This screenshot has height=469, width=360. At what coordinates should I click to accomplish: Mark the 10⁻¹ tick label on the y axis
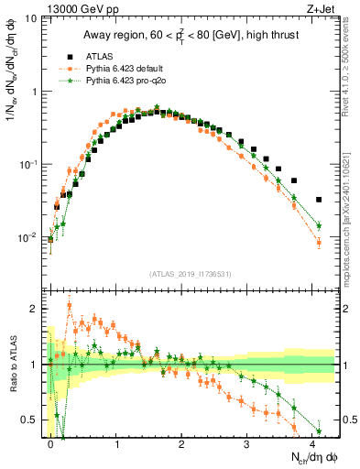(29, 165)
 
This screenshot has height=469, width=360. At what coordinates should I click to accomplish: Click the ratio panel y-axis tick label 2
(35, 309)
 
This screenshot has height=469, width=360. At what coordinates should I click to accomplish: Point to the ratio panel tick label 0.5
(31, 420)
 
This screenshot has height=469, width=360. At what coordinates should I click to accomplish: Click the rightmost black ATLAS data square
(319, 200)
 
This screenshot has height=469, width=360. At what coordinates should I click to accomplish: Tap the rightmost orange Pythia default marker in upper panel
(319, 242)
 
